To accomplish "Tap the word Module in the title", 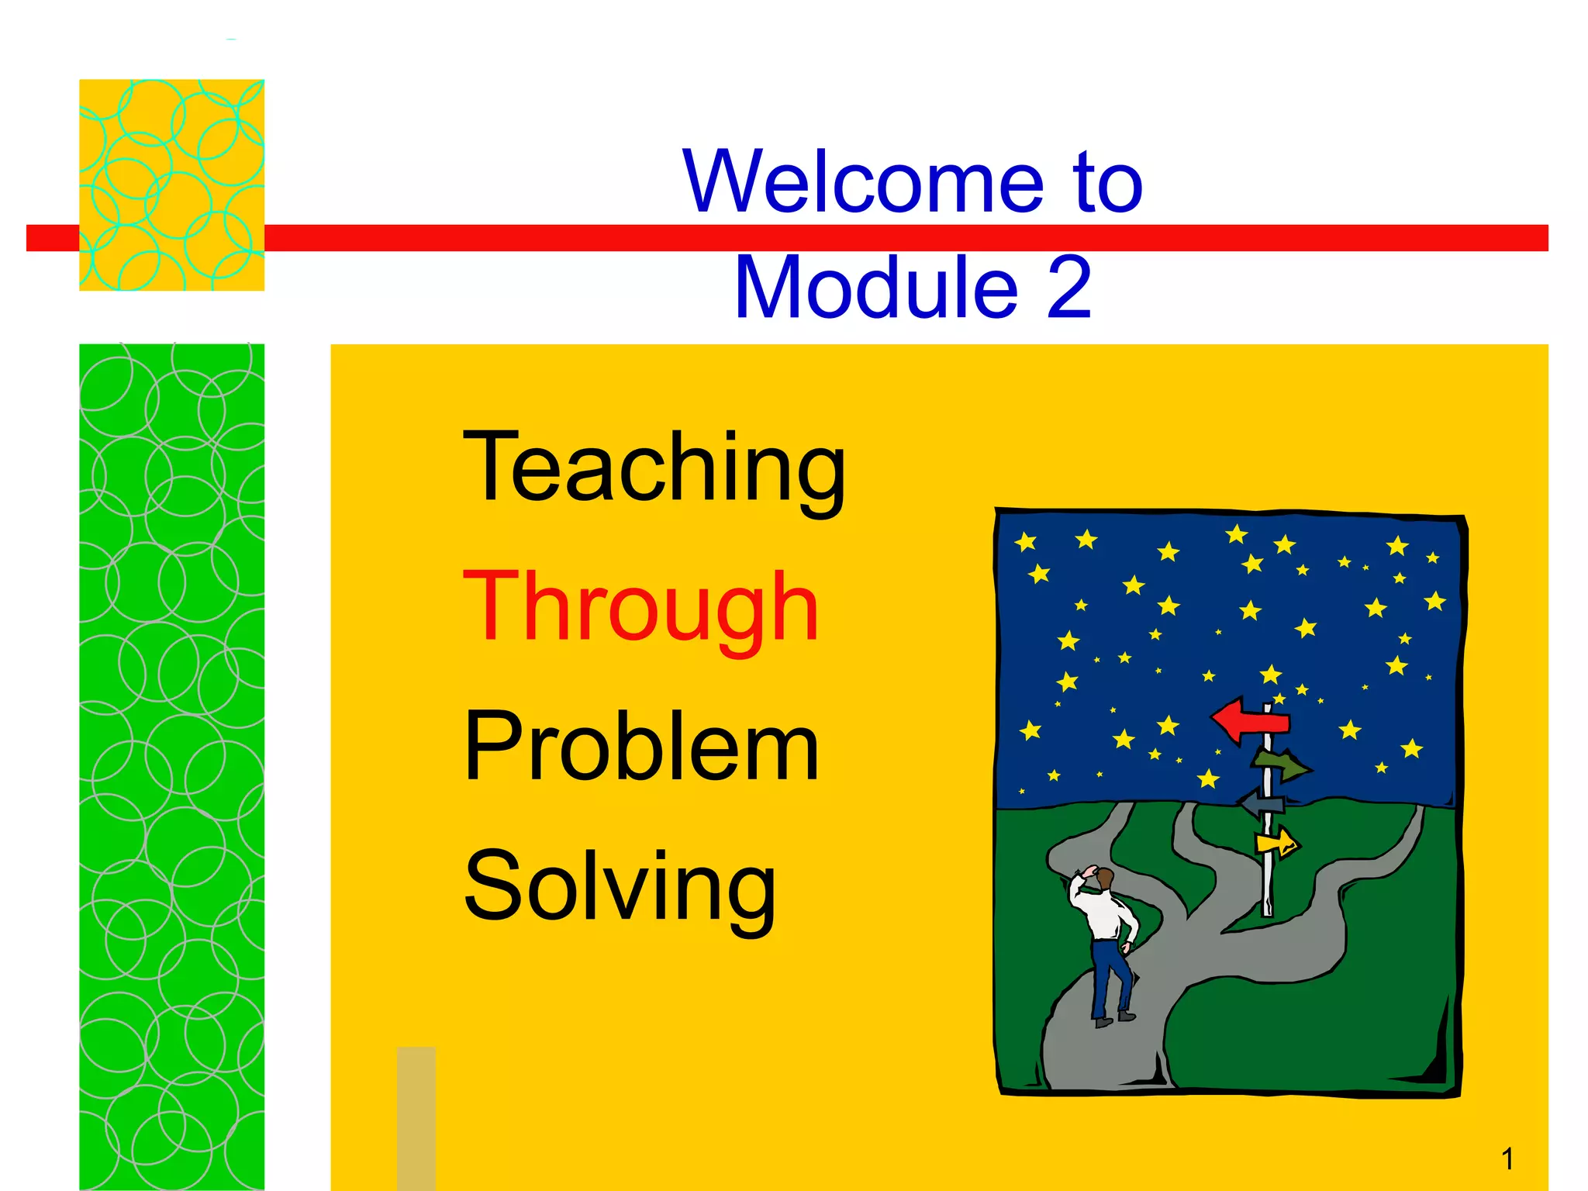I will (x=876, y=288).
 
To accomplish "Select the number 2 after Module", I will (x=1069, y=288).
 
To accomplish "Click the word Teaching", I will (x=654, y=469).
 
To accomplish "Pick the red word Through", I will (x=640, y=609).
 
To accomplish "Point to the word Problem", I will (x=640, y=748).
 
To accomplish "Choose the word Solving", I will (x=619, y=888).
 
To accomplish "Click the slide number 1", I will (x=1507, y=1159).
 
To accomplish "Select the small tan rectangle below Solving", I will (x=416, y=1117).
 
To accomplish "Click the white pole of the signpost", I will (x=1268, y=884).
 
